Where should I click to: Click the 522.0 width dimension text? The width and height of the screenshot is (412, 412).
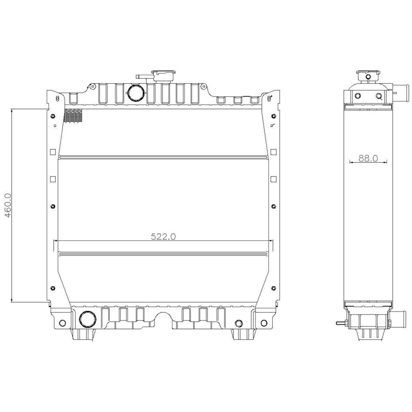tap(164, 236)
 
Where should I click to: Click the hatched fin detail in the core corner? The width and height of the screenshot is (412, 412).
tap(74, 116)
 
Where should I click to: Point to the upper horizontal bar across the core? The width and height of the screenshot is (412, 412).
tap(164, 157)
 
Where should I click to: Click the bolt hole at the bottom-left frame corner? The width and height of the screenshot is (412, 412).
tap(62, 323)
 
